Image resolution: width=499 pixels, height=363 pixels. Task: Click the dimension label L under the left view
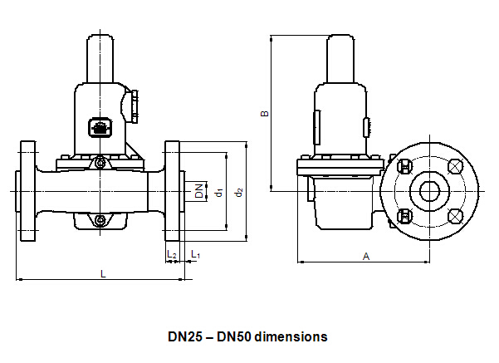point(102,272)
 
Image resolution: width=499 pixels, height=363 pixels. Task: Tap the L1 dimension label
point(196,253)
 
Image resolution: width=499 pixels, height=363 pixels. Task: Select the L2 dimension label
point(172,253)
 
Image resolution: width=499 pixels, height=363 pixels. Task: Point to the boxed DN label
point(199,190)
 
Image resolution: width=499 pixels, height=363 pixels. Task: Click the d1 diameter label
point(218,192)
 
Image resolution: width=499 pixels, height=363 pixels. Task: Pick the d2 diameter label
point(238,192)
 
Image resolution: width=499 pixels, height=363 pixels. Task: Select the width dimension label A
point(366,256)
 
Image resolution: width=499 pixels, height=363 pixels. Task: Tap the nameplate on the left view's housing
point(98,129)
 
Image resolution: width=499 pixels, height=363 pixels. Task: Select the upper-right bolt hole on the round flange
point(455,167)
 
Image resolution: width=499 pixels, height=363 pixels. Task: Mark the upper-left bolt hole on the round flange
point(405,167)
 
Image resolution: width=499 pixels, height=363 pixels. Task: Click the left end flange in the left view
point(27,191)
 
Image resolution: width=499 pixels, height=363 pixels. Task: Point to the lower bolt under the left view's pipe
point(100,220)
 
